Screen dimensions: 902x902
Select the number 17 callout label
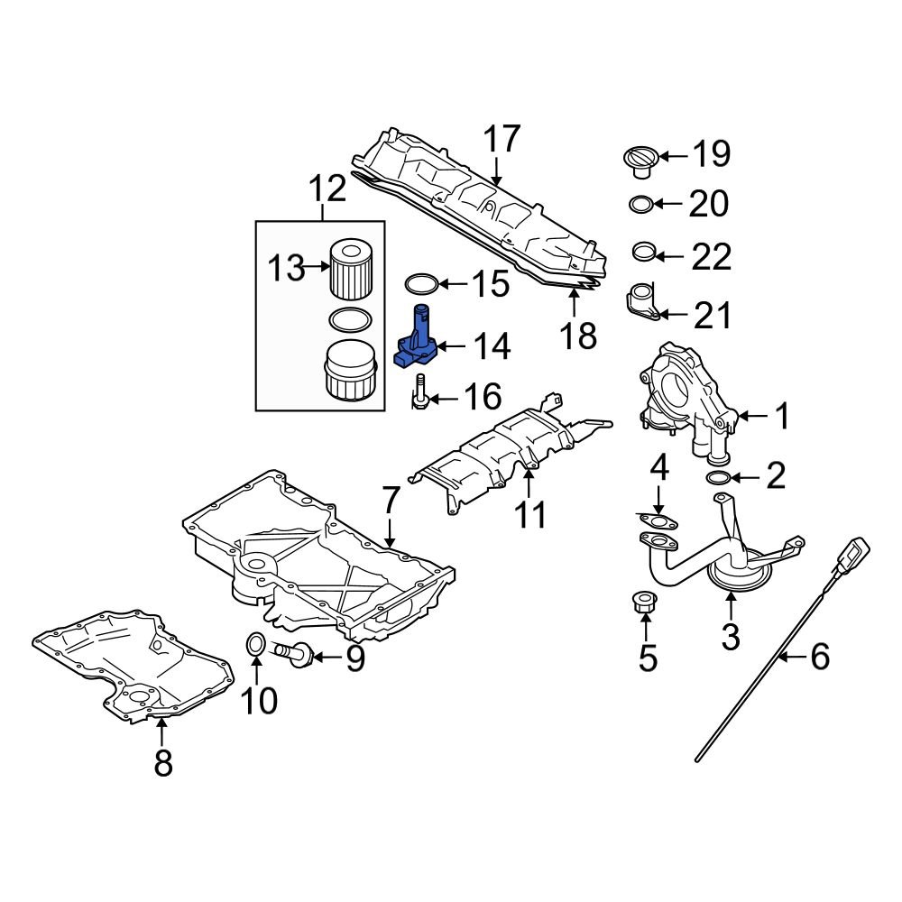(x=502, y=140)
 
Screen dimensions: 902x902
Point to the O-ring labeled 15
(x=421, y=285)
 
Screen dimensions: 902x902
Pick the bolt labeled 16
(x=420, y=398)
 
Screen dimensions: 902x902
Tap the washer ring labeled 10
(x=255, y=643)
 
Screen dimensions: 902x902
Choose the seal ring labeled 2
(x=720, y=477)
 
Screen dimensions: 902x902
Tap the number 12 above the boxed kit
(x=327, y=189)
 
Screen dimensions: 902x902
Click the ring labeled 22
(x=643, y=251)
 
